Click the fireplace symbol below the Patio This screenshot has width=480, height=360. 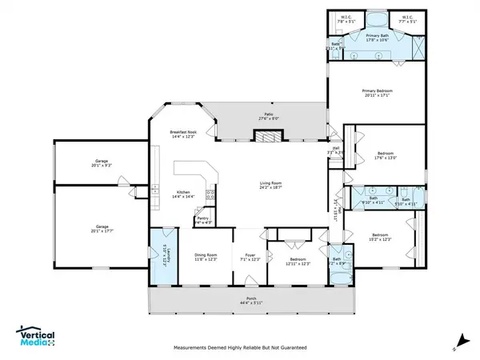(x=265, y=137)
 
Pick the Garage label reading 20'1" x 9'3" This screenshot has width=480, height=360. (x=102, y=162)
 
